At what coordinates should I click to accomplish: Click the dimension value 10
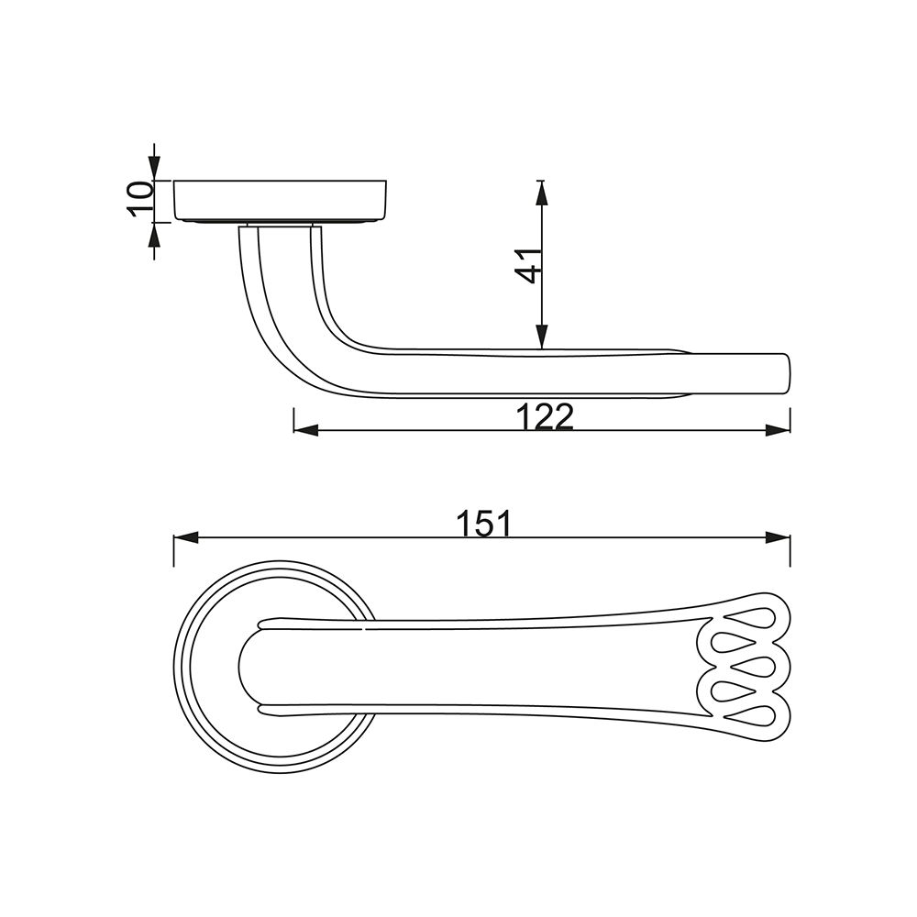(139, 199)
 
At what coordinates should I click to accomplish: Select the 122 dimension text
(545, 416)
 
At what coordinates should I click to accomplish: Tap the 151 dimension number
(483, 523)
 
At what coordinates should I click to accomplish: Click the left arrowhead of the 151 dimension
(186, 538)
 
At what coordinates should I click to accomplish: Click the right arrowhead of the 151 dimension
(778, 538)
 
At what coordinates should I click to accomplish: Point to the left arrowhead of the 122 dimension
(306, 431)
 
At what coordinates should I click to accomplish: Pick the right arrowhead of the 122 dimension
(778, 431)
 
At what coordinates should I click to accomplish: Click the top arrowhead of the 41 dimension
(542, 193)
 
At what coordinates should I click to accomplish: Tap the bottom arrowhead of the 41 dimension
(542, 337)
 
